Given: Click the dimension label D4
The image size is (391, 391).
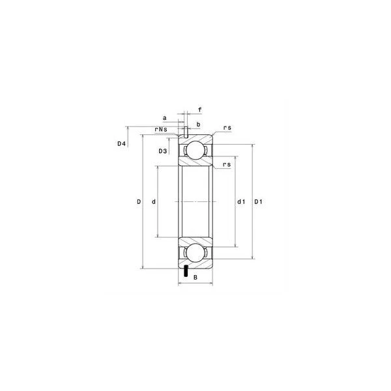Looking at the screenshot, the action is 121,143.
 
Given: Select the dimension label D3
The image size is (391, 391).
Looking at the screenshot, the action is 163,151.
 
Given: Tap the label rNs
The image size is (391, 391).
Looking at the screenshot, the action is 161,130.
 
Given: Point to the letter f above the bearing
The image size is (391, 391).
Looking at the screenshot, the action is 200,109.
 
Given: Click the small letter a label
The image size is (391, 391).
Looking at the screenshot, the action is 165,118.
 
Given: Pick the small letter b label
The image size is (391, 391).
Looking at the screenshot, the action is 199,124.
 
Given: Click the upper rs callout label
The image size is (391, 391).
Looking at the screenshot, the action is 227,128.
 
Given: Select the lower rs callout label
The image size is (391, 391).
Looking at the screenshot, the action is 227,165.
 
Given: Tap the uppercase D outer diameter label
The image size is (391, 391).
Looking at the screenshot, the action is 139,202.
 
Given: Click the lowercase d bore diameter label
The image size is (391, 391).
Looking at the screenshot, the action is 154,202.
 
